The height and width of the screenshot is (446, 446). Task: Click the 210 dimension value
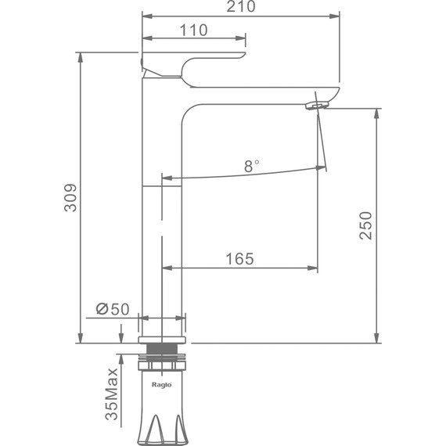[x=241, y=6]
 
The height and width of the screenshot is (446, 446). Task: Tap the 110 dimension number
[x=193, y=31]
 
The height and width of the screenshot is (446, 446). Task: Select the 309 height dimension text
[x=70, y=198]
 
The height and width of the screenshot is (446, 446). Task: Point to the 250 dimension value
[x=365, y=225]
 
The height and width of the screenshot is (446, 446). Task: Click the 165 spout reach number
[x=239, y=259]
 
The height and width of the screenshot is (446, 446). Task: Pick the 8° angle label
[x=251, y=166]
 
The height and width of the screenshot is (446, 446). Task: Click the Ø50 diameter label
[x=113, y=309]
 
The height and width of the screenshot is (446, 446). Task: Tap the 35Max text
[x=111, y=394]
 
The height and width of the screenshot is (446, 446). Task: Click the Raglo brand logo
[x=161, y=385]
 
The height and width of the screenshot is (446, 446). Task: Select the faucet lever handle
[x=193, y=64]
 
